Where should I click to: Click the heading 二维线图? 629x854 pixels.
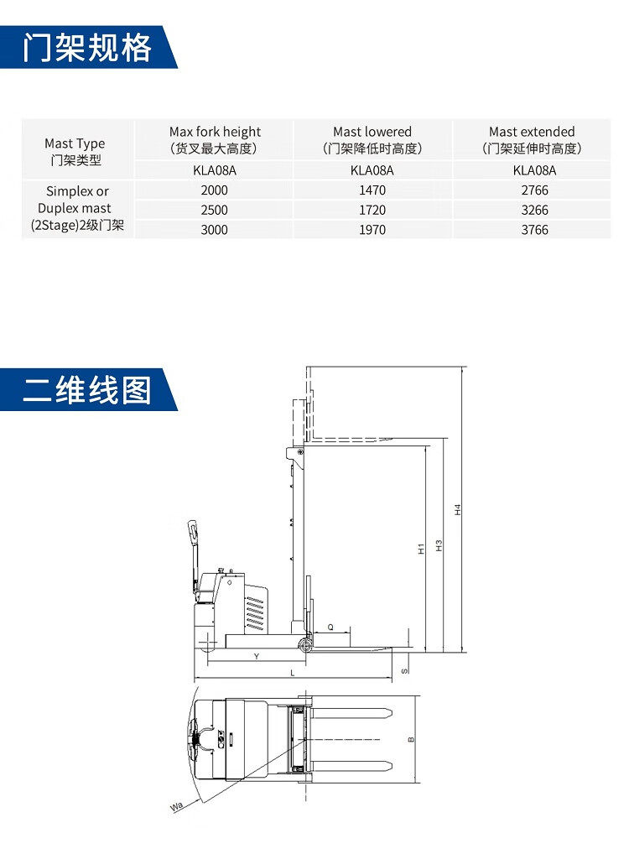(87, 389)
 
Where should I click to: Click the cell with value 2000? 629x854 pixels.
(215, 190)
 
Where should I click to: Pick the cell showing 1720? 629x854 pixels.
(372, 210)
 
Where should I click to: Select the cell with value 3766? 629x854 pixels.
(532, 229)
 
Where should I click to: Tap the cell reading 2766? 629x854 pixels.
(532, 190)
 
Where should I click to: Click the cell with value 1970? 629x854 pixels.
(372, 229)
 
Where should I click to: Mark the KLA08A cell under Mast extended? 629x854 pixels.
(532, 170)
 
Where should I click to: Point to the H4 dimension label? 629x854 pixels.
(458, 509)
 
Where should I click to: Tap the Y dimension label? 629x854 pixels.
(256, 657)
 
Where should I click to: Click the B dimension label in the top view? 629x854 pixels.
(410, 740)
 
